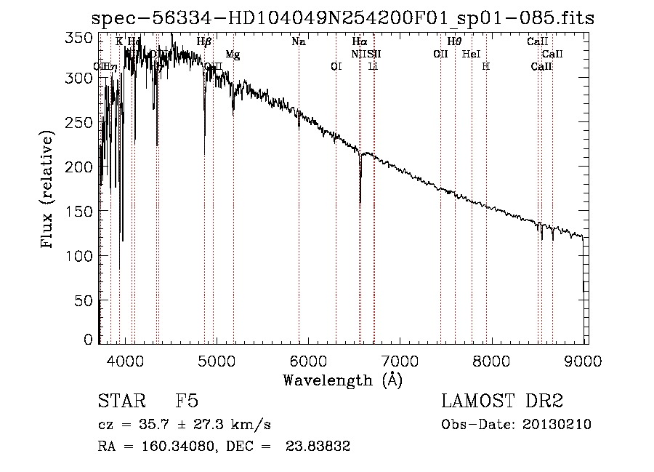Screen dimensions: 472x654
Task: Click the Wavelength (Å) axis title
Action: [x=342, y=380]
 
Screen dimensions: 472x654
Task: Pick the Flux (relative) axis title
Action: [x=48, y=191]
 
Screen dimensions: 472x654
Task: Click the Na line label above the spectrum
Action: [x=299, y=42]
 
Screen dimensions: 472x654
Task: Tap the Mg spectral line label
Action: [x=233, y=55]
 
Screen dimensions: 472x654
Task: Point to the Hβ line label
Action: [x=204, y=42]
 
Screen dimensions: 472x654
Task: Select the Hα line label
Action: [x=359, y=42]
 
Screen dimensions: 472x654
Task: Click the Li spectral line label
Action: [x=373, y=67]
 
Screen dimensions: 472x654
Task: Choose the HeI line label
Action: [x=471, y=55]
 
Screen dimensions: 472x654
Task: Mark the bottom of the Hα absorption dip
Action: [x=360, y=202]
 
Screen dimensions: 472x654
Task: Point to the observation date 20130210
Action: [x=557, y=425]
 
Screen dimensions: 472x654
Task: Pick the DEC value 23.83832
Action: [x=319, y=447]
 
